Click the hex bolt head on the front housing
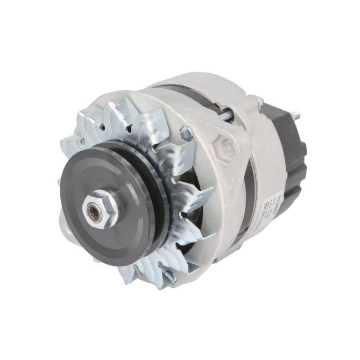pos(187,131)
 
